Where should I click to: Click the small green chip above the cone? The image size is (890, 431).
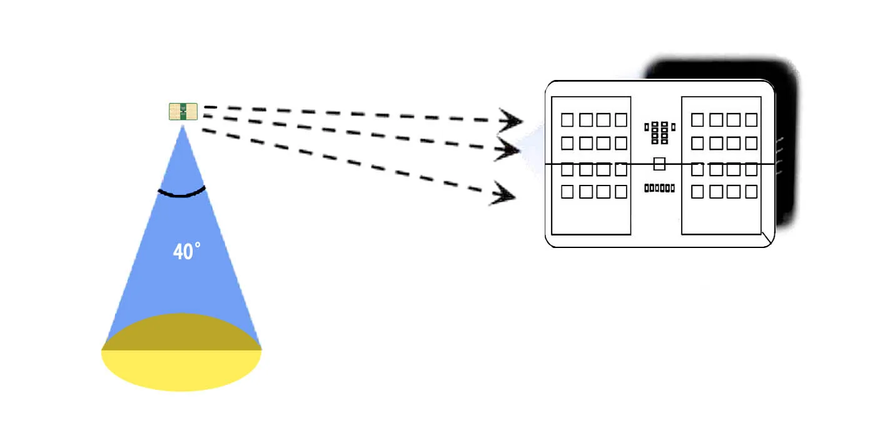[183, 112]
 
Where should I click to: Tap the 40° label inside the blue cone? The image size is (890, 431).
[186, 252]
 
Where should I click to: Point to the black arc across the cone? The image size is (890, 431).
[181, 193]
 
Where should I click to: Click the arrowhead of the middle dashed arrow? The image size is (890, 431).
[508, 150]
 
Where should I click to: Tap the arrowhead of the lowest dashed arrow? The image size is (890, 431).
[503, 194]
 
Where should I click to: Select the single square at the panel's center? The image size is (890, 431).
[659, 164]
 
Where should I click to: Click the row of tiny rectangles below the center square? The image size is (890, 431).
[659, 188]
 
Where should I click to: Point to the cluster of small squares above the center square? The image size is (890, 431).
[659, 132]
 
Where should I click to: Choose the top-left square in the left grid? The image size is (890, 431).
[567, 119]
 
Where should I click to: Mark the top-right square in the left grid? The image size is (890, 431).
[621, 119]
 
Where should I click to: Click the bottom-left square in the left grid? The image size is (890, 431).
[567, 192]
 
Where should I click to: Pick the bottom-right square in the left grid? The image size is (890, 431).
[621, 192]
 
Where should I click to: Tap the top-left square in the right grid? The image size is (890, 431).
[697, 119]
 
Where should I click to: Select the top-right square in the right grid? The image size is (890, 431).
[751, 119]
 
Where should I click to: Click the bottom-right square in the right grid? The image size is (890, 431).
[751, 192]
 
